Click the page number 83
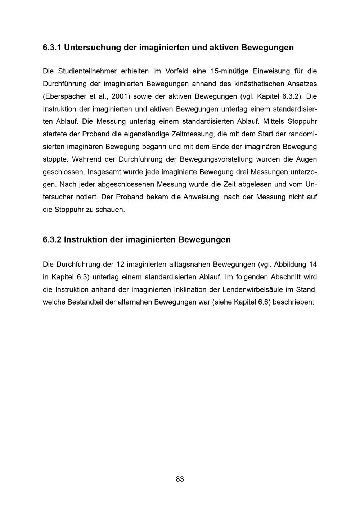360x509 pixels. coord(180,479)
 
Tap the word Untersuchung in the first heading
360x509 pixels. coord(93,48)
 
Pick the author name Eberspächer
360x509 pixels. coord(65,96)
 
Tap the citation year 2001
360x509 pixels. coord(118,96)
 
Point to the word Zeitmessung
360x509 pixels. coord(191,134)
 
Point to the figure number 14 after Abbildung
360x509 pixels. coord(313,265)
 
